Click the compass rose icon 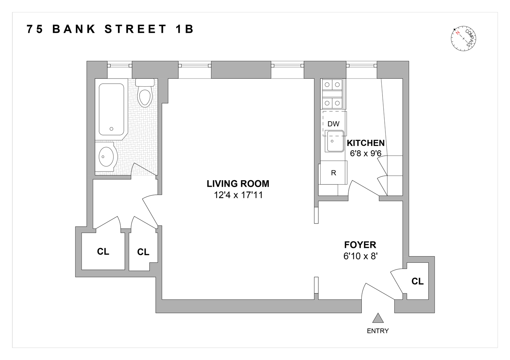pos(463,38)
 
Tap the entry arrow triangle pos(378,319)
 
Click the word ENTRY pos(378,331)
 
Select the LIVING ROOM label pos(238,184)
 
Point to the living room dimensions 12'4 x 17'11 pos(238,195)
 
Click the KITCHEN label pos(365,143)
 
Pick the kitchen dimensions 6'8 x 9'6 pos(365,154)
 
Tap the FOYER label pos(360,245)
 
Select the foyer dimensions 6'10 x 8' pos(360,256)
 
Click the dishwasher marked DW pos(333,124)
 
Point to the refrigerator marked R pos(333,173)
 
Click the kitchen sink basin pos(334,142)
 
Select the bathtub pos(111,109)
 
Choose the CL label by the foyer pos(417,281)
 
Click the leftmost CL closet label pos(103,252)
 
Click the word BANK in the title pos(74,29)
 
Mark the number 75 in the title pos(35,29)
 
